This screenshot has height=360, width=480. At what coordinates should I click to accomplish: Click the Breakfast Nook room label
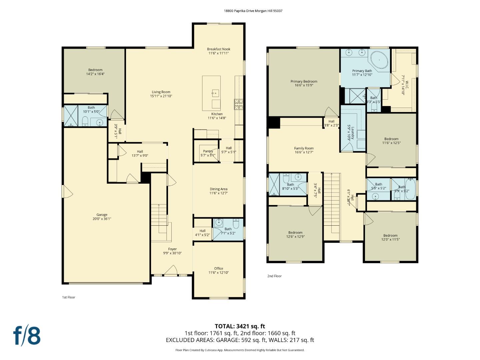click(x=218, y=49)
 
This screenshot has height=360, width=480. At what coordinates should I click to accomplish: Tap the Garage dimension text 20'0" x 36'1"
click(x=102, y=219)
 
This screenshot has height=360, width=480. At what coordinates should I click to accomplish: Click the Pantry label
click(x=208, y=151)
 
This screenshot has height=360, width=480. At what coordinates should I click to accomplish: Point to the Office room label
click(x=219, y=268)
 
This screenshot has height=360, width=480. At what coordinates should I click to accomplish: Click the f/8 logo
click(x=27, y=336)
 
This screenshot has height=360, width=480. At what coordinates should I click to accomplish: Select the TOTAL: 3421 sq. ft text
click(x=240, y=326)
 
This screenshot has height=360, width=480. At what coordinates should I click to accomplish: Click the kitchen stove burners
click(x=239, y=104)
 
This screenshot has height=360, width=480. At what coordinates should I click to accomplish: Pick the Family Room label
click(x=304, y=148)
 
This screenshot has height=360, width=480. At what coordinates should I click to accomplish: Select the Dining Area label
click(x=218, y=189)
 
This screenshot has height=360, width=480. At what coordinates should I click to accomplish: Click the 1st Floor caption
click(x=69, y=297)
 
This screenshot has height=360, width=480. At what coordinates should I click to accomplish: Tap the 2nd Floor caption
click(x=274, y=276)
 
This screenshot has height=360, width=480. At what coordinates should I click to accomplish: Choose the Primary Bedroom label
click(x=304, y=81)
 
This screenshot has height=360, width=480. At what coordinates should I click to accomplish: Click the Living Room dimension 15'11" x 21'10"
click(x=161, y=96)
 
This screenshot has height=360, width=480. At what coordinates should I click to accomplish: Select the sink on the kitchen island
click(x=215, y=93)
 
